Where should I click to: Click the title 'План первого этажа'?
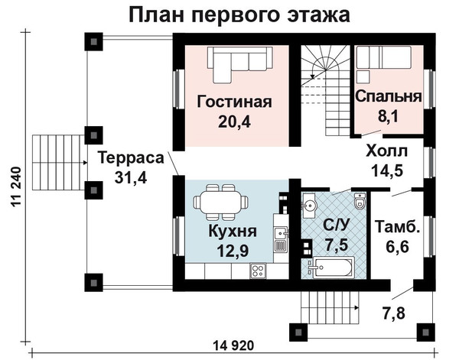tap(239, 15)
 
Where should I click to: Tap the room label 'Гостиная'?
tap(235, 102)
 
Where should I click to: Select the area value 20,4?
tap(234, 122)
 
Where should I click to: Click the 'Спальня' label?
tap(388, 96)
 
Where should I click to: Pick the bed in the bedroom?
tap(383, 58)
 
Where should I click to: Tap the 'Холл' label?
tap(386, 151)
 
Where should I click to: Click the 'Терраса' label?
tap(131, 157)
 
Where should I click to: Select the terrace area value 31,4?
tap(131, 177)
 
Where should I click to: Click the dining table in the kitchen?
tap(221, 202)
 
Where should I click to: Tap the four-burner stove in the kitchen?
tap(258, 271)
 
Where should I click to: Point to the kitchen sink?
tap(281, 233)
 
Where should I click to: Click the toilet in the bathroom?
tap(360, 200)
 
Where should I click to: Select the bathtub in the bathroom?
tap(332, 268)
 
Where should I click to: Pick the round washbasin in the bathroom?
tap(308, 205)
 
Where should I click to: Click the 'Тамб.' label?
tap(397, 227)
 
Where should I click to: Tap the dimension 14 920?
tap(233, 346)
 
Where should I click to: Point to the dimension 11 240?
tap(16, 186)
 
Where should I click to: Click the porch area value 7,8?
tap(393, 313)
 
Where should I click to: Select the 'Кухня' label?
tap(233, 232)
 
